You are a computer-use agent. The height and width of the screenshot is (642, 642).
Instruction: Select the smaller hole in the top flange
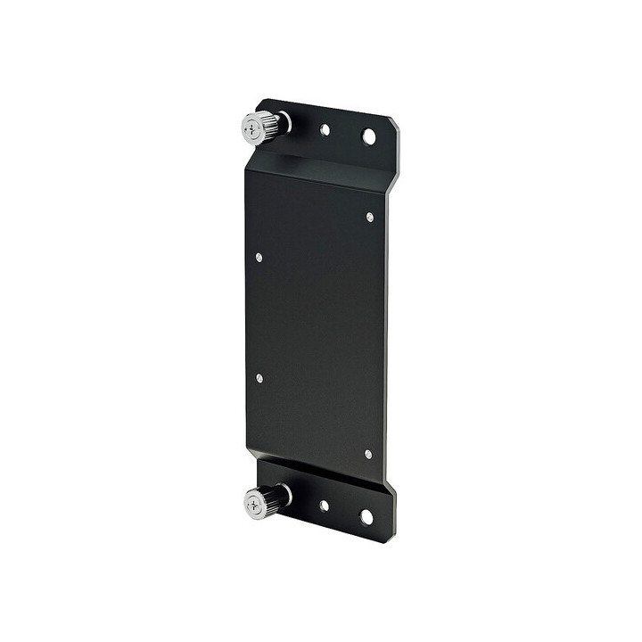tap(325, 129)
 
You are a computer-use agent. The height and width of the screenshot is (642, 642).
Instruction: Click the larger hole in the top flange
tap(368, 136)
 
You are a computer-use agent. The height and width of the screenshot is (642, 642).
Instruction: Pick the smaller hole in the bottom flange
tap(324, 506)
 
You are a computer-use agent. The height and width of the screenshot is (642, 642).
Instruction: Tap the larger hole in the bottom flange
tap(366, 516)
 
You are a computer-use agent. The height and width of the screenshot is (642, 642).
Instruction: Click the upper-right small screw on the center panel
tap(370, 217)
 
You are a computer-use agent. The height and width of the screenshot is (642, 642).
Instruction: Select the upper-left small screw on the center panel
tap(259, 258)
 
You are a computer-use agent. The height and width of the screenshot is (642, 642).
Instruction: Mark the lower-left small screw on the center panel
tap(259, 378)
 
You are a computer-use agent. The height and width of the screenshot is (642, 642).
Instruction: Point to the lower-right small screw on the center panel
tap(368, 454)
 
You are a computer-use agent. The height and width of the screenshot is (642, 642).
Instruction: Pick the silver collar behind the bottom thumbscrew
tap(285, 494)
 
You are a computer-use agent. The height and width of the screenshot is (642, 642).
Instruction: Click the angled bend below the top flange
tap(321, 168)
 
